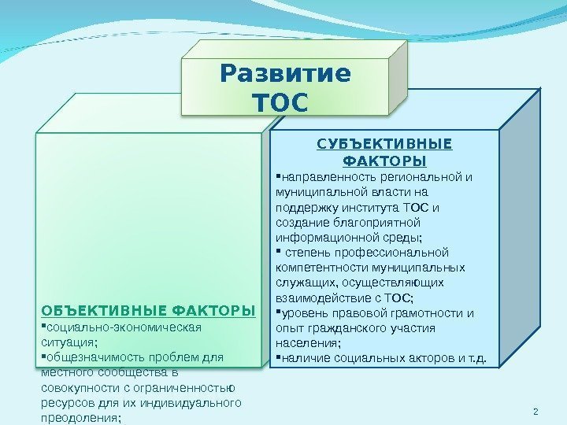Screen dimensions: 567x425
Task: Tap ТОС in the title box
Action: tap(276, 103)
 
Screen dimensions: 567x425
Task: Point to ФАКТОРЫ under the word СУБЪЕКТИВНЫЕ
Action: tap(385, 161)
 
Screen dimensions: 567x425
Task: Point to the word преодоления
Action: tap(79, 418)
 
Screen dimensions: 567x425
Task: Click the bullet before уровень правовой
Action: tap(278, 312)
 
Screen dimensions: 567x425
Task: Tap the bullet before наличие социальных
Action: tap(278, 359)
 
